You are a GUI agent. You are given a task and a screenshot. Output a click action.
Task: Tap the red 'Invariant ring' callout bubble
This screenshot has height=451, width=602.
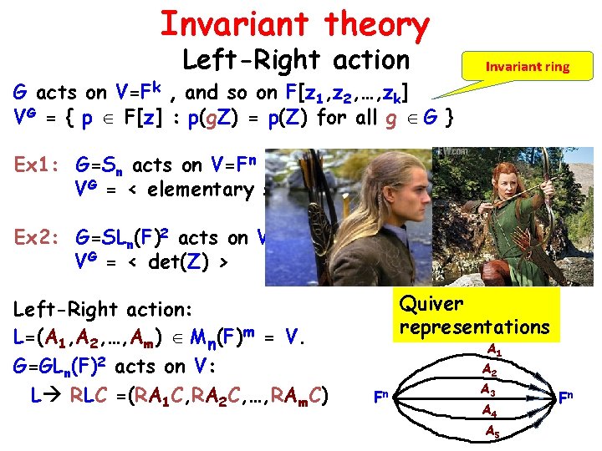coord(527,66)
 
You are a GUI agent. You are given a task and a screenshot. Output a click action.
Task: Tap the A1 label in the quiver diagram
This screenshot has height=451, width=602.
coord(494,349)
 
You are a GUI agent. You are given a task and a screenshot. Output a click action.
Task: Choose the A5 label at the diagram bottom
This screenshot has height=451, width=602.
coord(494,431)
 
